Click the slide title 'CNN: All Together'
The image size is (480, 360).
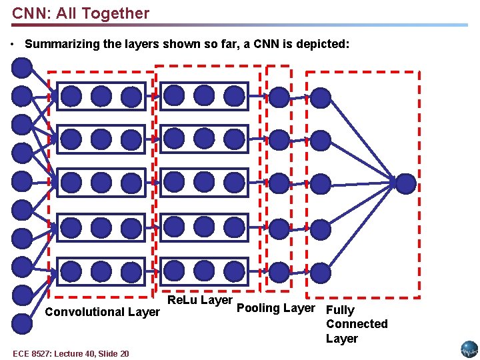click(x=81, y=13)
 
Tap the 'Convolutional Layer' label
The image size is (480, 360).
click(x=102, y=311)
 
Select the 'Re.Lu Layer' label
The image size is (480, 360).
click(x=199, y=300)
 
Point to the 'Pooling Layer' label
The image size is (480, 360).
click(x=275, y=308)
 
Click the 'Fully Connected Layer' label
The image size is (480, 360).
click(x=356, y=324)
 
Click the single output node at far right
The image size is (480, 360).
click(x=405, y=183)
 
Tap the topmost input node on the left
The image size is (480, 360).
click(x=22, y=67)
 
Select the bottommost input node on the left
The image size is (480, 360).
click(x=22, y=323)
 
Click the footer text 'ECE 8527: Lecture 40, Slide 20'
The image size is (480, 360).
click(x=70, y=353)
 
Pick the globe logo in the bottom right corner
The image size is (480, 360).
click(x=469, y=349)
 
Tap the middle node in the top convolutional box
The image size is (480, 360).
click(x=101, y=96)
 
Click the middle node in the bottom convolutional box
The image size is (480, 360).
click(x=101, y=271)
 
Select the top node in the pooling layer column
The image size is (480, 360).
click(x=279, y=97)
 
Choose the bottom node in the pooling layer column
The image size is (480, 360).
click(x=279, y=271)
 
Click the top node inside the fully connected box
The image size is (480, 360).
click(x=321, y=98)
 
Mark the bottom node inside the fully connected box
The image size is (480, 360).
click(x=321, y=272)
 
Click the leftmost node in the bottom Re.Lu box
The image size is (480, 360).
click(x=174, y=271)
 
